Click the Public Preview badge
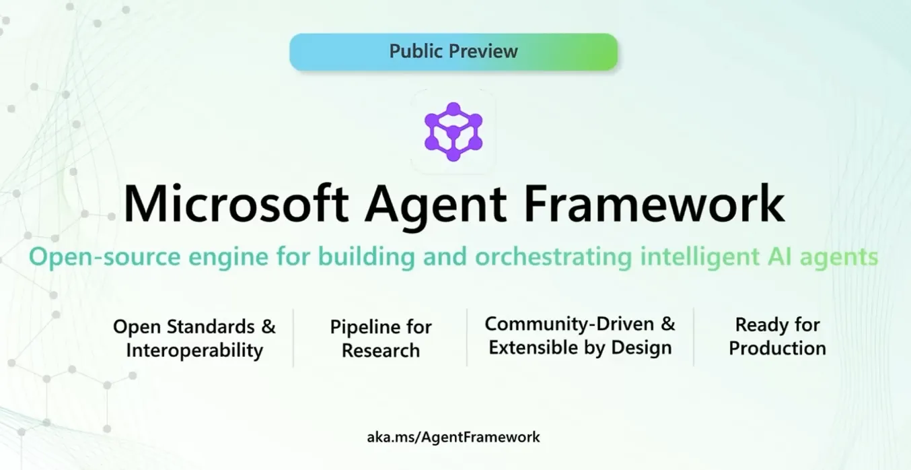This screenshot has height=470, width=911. coord(453,52)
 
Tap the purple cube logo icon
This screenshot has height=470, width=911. coord(453,131)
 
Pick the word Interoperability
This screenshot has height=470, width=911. coord(194,351)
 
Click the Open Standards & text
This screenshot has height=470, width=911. coord(194,327)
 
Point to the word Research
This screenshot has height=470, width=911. coord(381,351)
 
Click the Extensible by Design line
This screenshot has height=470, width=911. coord(580,348)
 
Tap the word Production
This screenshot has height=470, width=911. coord(777,348)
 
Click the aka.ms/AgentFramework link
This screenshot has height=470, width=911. coord(453,437)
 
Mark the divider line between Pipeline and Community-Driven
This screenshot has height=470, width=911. coord(467,337)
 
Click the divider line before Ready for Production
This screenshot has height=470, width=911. coord(694,337)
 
